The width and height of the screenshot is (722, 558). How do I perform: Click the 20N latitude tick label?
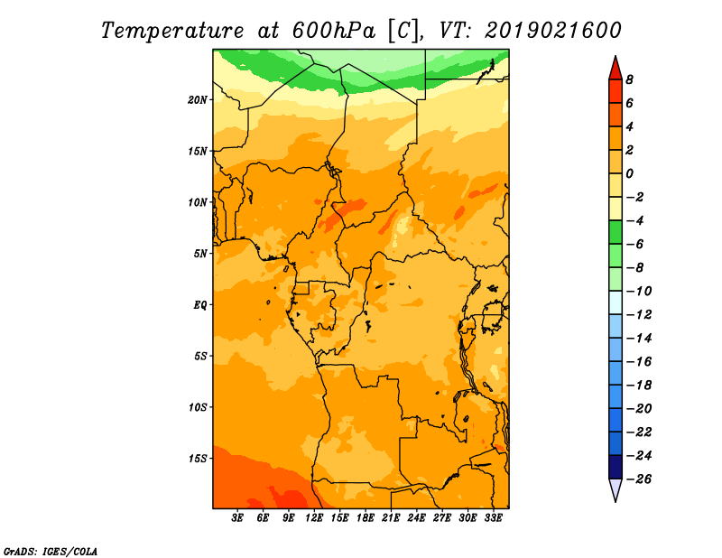tap(198, 100)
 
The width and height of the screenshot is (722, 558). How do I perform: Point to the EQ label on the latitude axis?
tap(199, 305)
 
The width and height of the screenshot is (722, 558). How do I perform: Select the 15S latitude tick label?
tap(198, 459)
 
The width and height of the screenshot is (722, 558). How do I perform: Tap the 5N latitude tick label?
tap(200, 254)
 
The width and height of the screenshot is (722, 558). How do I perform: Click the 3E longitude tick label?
tap(237, 518)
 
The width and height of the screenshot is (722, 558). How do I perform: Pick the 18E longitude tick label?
tap(366, 518)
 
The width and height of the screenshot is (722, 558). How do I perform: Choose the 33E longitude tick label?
tap(493, 518)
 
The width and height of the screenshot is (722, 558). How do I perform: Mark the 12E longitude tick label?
tap(314, 518)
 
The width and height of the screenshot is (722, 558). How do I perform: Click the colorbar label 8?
tap(629, 79)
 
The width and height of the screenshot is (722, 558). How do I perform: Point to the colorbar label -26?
tap(639, 479)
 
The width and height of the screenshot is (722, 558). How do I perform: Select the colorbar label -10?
tap(639, 292)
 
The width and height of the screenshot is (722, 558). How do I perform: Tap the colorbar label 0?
tap(629, 173)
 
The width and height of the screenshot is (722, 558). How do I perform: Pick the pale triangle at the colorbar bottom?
tap(616, 488)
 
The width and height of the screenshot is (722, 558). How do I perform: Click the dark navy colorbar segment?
tap(616, 467)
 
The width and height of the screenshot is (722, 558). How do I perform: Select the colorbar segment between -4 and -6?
tap(616, 232)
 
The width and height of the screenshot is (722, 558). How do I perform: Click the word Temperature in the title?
tap(172, 32)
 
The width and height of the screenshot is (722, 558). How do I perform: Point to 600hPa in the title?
tap(333, 31)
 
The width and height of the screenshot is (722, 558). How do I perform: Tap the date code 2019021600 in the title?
tap(553, 31)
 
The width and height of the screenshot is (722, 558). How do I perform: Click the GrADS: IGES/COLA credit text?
tap(51, 552)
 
